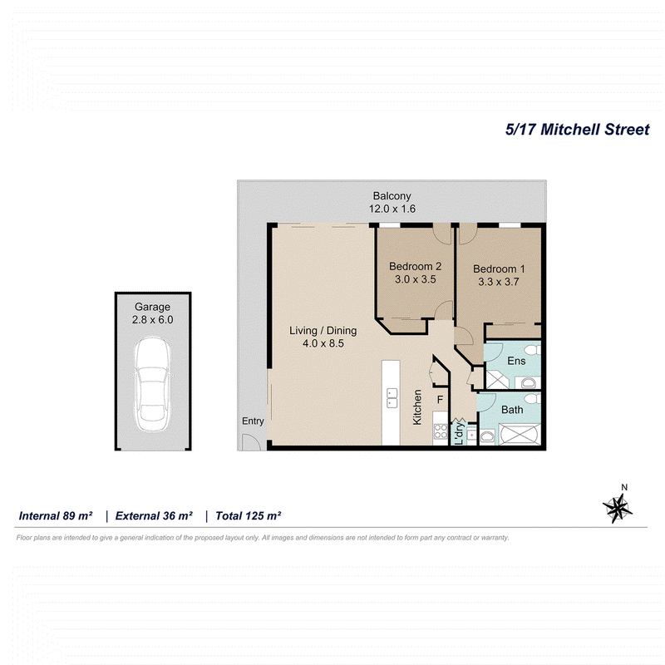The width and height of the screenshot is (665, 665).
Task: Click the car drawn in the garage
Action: point(153,385)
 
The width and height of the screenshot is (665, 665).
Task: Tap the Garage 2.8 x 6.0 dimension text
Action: point(153,320)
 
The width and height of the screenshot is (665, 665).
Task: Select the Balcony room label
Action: point(392,196)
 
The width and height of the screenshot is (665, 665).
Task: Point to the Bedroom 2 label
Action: point(415,266)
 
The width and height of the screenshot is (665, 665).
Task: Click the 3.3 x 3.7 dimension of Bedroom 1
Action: point(499,282)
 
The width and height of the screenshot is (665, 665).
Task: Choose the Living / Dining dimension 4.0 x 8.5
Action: point(323,343)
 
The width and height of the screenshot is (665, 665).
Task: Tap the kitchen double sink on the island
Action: point(392,398)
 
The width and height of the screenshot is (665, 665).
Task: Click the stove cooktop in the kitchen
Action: point(441,431)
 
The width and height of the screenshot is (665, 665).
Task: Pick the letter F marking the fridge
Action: point(440,400)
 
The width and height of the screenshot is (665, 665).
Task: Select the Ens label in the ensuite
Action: point(516,361)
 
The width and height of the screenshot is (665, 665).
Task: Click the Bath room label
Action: point(512,410)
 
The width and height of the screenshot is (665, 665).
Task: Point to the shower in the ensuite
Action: point(496,380)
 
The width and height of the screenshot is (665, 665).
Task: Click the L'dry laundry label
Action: point(459,433)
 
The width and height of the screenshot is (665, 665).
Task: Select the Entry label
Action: point(253,421)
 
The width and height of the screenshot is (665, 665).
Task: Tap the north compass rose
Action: point(617,508)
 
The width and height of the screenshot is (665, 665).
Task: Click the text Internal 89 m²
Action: point(56,515)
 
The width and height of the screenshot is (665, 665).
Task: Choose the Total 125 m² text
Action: point(248,515)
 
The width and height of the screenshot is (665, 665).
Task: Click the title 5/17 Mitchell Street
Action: point(577,130)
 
